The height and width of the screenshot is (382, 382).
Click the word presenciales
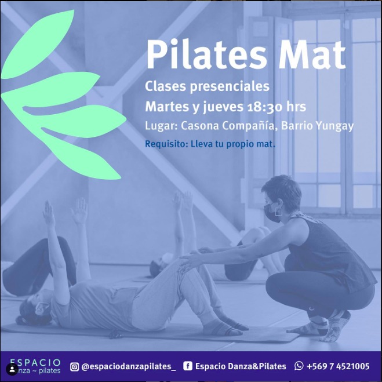pyautogui.click(x=230, y=87)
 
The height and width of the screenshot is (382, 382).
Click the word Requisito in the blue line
pyautogui.click(x=166, y=144)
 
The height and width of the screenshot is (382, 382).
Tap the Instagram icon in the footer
pyautogui.click(x=74, y=367)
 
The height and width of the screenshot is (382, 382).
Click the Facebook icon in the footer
pyautogui.click(x=187, y=366)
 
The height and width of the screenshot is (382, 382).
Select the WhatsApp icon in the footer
pyautogui.click(x=299, y=366)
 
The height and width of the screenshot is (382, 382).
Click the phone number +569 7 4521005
pyautogui.click(x=338, y=366)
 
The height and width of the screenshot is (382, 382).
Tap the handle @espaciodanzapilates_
pyautogui.click(x=129, y=367)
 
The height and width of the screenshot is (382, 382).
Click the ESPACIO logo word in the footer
pyautogui.click(x=35, y=363)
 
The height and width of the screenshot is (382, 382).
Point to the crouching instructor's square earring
pyautogui.click(x=278, y=212)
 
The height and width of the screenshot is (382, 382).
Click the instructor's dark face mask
pyautogui.click(x=272, y=213)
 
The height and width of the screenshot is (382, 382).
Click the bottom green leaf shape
pyautogui.click(x=81, y=154)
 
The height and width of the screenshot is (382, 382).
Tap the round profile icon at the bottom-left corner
pyautogui.click(x=12, y=370)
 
